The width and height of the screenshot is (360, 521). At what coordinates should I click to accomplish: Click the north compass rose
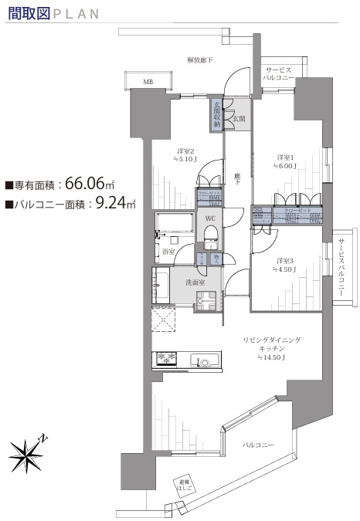[x=28, y=455]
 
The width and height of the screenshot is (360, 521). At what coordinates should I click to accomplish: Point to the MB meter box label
[x=147, y=80]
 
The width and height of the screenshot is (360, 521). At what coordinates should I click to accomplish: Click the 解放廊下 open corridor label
[x=200, y=59]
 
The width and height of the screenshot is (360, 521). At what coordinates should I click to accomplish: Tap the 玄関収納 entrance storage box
[x=218, y=113]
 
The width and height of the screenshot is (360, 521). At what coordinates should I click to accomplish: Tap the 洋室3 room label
[x=284, y=260]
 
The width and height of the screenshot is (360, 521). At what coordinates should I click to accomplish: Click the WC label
[x=209, y=218]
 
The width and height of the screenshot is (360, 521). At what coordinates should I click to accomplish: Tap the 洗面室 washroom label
[x=194, y=283]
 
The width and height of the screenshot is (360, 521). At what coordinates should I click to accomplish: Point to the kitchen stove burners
[x=166, y=358]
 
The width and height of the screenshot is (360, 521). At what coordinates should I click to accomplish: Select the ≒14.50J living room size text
[x=273, y=357]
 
